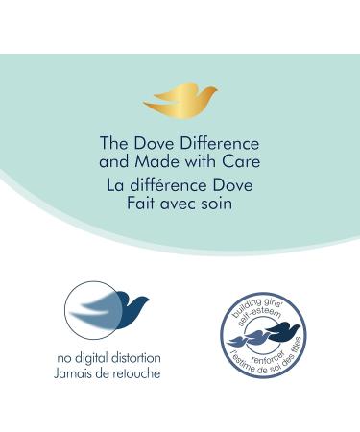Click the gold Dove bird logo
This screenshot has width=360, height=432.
[180, 98]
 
